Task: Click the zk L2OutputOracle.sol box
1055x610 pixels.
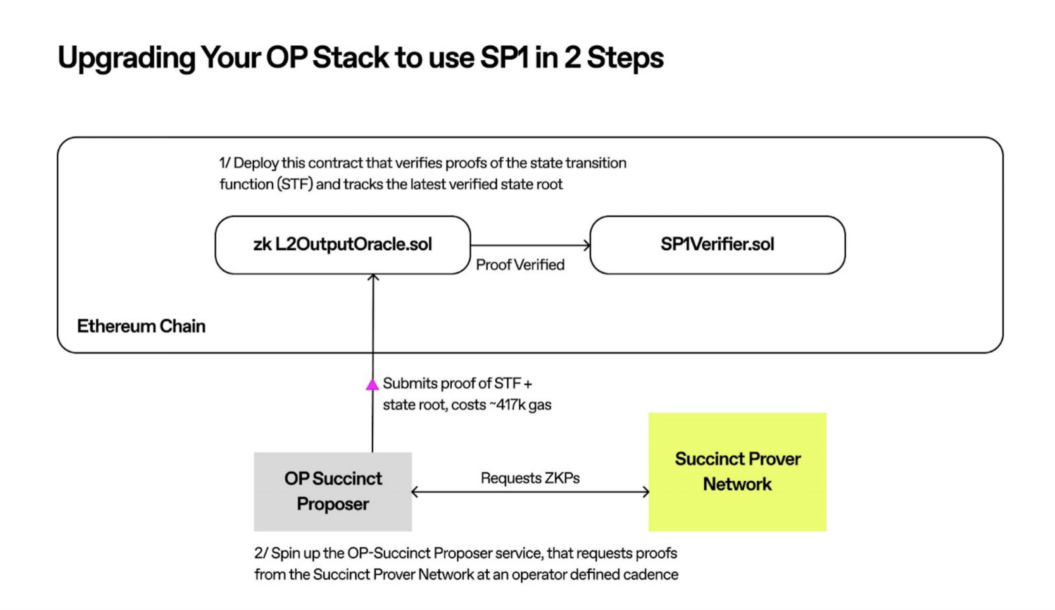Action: click(x=342, y=245)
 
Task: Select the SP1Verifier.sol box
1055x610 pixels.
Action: click(x=717, y=245)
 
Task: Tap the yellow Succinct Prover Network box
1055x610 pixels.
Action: click(x=737, y=472)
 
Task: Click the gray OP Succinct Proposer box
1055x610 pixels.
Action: click(x=333, y=492)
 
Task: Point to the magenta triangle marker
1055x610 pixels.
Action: click(x=372, y=385)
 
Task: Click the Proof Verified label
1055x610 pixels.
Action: click(x=520, y=265)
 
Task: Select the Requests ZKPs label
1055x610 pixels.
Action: click(x=530, y=478)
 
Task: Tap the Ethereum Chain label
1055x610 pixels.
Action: click(x=141, y=326)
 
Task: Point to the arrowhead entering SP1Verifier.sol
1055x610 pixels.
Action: click(x=587, y=246)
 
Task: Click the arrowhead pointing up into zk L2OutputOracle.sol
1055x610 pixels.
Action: click(x=373, y=278)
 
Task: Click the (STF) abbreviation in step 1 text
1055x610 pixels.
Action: click(x=295, y=184)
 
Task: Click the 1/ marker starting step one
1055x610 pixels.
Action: click(x=225, y=163)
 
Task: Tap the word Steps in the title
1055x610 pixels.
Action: click(x=625, y=58)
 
